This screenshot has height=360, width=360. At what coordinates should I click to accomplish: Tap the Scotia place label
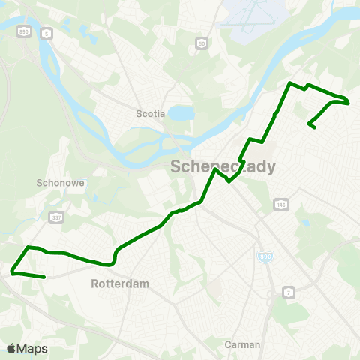pyautogui.click(x=149, y=114)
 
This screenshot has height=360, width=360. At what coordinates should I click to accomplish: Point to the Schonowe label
pyautogui.click(x=53, y=182)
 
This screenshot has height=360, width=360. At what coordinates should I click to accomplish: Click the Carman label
pyautogui.click(x=242, y=344)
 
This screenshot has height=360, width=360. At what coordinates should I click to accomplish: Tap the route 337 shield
pyautogui.click(x=55, y=217)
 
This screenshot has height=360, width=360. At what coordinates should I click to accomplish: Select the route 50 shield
pyautogui.click(x=201, y=44)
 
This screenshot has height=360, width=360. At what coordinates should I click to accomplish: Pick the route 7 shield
pyautogui.click(x=287, y=291)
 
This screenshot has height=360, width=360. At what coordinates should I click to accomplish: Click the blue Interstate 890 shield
pyautogui.click(x=260, y=256)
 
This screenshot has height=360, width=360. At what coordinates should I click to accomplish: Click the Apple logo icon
pyautogui.click(x=10, y=348)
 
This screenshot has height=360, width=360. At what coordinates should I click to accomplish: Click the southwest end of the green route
pyautogui.click(x=45, y=277)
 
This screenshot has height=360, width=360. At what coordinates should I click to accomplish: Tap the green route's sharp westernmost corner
pyautogui.click(x=12, y=271)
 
